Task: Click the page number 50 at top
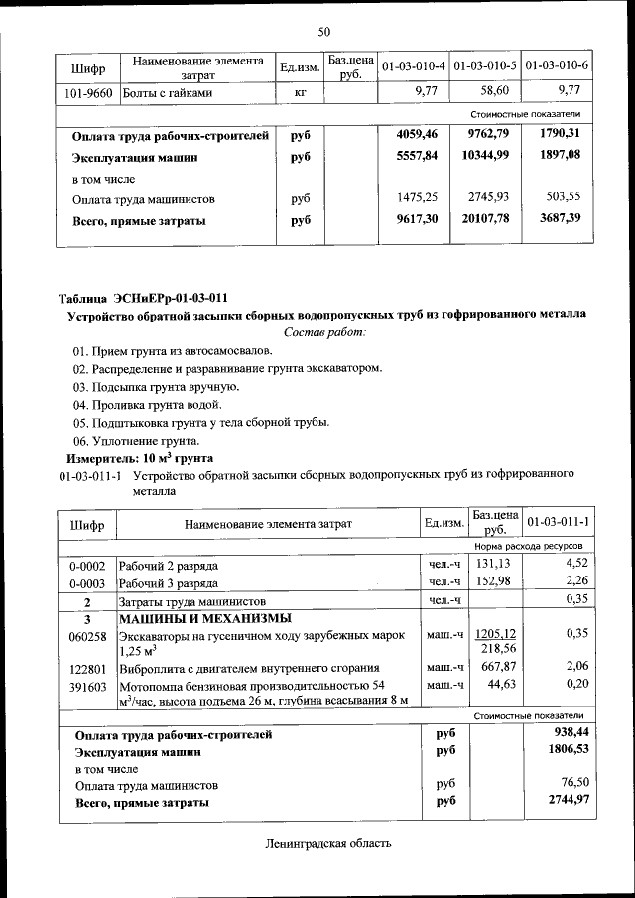323,32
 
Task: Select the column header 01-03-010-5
485,66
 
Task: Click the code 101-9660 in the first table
85,92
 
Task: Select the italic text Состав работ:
324,331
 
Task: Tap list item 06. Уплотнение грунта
136,440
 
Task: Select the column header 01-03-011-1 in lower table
559,522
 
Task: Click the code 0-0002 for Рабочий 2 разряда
87,566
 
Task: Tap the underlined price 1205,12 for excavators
497,633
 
